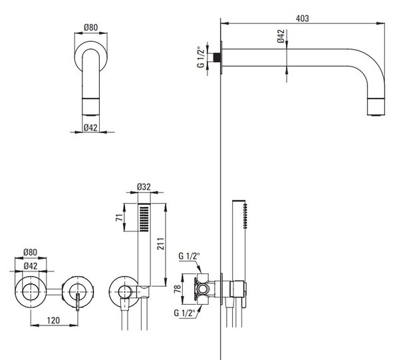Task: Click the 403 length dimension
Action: [303, 19]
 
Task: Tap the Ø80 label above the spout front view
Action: [90, 27]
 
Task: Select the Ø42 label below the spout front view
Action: [90, 127]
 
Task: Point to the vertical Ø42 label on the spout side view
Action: [281, 36]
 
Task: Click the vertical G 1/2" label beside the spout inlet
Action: [201, 57]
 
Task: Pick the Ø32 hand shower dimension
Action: [144, 187]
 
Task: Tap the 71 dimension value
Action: [119, 218]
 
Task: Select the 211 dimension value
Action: [160, 244]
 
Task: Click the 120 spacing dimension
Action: [53, 320]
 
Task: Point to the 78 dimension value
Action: [178, 288]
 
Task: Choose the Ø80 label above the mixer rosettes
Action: [31, 252]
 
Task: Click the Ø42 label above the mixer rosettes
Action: [31, 266]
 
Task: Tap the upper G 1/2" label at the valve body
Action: [189, 256]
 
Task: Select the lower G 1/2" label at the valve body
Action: [184, 313]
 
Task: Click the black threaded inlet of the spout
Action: [217, 57]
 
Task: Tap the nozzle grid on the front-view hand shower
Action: [144, 219]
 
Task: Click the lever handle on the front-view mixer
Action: [78, 301]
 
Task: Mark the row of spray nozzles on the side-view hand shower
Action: [245, 216]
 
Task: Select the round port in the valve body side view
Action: [203, 289]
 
